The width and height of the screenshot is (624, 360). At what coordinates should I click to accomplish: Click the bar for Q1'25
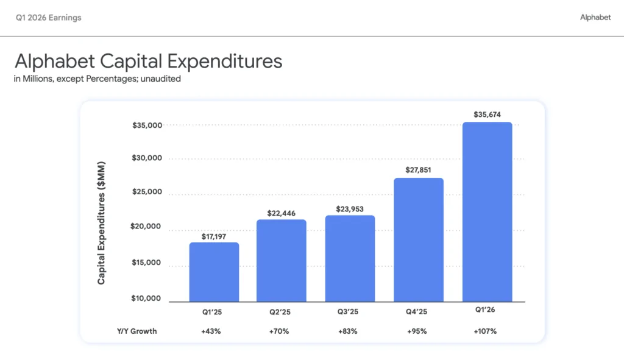214,272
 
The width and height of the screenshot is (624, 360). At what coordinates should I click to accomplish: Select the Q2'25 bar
282,261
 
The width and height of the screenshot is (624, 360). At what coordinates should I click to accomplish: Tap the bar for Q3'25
350,258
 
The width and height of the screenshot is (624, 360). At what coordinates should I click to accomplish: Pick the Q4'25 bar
419,240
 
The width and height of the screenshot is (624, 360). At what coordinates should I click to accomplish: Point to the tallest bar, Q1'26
487,212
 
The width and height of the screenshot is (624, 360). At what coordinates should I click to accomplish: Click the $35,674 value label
487,115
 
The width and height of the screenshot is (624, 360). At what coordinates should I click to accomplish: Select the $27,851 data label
418,170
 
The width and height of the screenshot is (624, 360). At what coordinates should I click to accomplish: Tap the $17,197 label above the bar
214,237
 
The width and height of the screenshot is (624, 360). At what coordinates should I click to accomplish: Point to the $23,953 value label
350,209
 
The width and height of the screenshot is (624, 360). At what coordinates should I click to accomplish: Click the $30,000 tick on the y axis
147,158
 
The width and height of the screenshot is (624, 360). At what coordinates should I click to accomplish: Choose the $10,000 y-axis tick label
146,298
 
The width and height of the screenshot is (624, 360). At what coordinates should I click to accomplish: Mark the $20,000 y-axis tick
146,227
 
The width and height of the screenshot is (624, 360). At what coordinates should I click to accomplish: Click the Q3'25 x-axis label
348,312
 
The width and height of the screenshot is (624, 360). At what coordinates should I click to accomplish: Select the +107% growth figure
485,331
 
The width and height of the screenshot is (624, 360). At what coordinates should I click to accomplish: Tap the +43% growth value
211,331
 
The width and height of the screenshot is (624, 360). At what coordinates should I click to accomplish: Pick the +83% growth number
348,331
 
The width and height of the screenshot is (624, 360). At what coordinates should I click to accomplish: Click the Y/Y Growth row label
137,331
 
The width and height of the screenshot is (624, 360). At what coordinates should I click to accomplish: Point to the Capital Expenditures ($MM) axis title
102,223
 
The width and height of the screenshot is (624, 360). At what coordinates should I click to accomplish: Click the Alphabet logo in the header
595,17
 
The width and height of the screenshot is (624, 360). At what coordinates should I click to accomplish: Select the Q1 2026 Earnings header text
49,18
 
